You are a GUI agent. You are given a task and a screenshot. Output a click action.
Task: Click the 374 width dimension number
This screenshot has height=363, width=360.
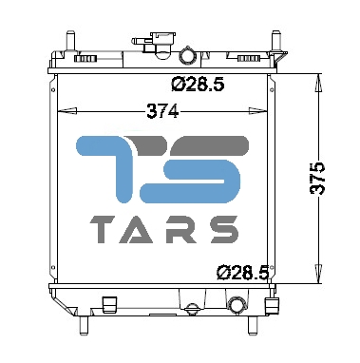(x=162, y=111)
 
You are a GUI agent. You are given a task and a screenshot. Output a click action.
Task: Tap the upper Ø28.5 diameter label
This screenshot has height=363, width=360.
(x=198, y=85)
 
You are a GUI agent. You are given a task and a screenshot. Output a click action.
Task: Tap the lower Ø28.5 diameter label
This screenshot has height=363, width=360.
(x=243, y=272)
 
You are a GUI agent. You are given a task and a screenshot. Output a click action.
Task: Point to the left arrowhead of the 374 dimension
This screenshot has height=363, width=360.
(x=67, y=111)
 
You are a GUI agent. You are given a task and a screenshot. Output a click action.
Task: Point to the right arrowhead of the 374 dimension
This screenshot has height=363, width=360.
(x=257, y=111)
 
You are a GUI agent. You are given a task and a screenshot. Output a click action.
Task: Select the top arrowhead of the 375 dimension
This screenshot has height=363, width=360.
(x=318, y=83)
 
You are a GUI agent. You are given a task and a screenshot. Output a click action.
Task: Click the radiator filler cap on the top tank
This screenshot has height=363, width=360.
(x=163, y=45)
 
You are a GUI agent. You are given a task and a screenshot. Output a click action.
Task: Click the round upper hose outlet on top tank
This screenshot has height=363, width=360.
(x=188, y=55)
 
